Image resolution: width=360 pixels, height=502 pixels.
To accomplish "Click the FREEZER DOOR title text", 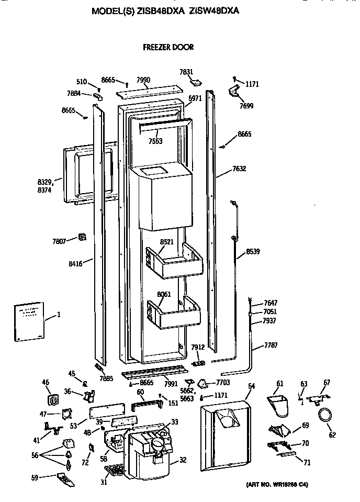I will coord(168,47).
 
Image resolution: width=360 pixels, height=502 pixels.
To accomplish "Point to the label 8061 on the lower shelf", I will coord(164,295).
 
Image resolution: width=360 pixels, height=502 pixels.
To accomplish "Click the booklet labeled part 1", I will coord(29,321).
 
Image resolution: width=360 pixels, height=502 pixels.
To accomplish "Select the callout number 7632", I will coord(240,169).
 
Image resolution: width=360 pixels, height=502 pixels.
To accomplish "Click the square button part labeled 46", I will coord(52,400).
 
